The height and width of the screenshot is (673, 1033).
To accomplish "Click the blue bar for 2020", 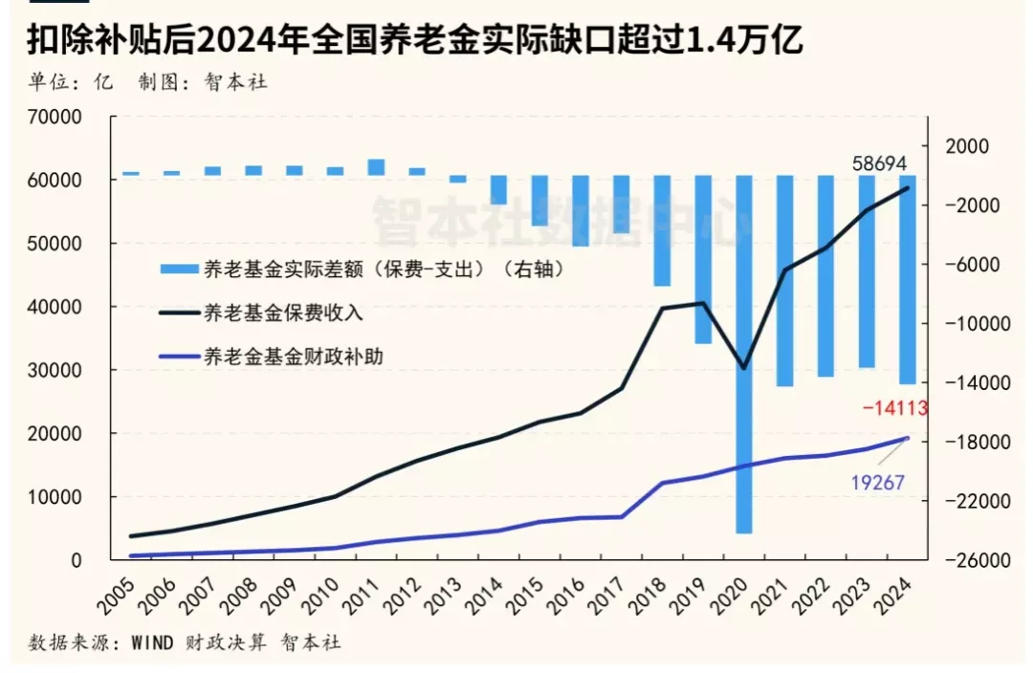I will click(744, 354).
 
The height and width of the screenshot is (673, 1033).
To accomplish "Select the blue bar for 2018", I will click(662, 230).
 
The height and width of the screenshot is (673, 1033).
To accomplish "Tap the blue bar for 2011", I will click(376, 167).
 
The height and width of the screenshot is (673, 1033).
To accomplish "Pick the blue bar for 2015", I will click(539, 201).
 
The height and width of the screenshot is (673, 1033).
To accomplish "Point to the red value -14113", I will click(894, 408).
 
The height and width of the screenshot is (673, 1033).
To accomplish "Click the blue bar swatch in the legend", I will click(178, 271).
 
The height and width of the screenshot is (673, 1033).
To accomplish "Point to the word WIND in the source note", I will click(151, 643).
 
